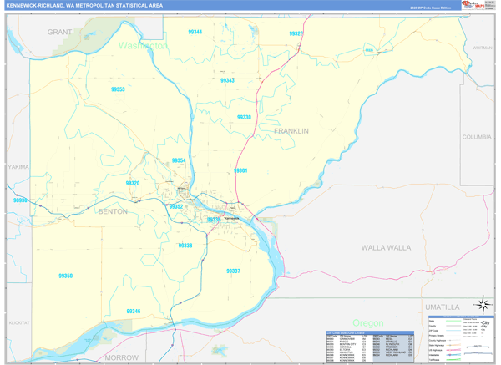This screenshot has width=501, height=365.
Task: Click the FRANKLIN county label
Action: click(x=291, y=131)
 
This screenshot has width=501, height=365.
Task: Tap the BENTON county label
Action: click(x=113, y=212)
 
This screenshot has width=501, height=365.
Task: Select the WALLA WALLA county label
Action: click(x=386, y=248)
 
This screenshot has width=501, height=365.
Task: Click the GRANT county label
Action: click(x=59, y=32)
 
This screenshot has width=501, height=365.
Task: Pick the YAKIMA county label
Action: click(x=18, y=167)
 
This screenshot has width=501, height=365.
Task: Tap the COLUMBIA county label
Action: click(x=477, y=137)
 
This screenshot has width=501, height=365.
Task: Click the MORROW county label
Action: click(x=123, y=357)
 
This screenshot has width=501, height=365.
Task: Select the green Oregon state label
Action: click(x=367, y=323)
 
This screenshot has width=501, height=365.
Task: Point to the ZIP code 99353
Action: click(x=118, y=89)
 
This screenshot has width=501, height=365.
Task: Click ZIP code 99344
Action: click(x=195, y=32)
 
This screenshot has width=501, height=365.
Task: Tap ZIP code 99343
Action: click(x=227, y=81)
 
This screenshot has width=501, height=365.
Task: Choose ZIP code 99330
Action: click(x=244, y=118)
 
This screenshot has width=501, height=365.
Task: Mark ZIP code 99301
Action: click(x=240, y=170)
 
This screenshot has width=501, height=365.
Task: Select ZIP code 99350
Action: click(x=65, y=276)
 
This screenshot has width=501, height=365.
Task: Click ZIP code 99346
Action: click(x=134, y=312)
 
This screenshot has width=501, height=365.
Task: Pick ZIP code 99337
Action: click(x=233, y=271)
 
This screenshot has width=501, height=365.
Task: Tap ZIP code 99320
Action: click(x=133, y=183)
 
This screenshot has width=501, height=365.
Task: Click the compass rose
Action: click(x=482, y=304)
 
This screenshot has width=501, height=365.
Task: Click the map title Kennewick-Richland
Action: click(x=84, y=6)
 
